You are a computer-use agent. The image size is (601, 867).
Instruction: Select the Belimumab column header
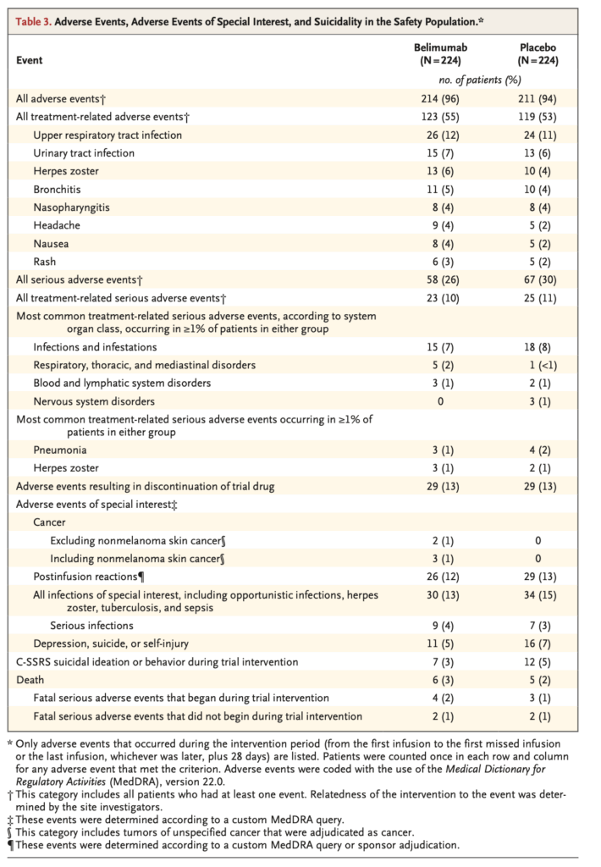click(439, 54)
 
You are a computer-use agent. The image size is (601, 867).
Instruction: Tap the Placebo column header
click(538, 54)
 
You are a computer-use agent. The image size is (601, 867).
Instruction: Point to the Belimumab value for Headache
click(439, 225)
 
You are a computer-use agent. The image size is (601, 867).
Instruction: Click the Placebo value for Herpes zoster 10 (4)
click(538, 171)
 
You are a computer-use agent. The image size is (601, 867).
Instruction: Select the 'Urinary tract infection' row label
click(84, 153)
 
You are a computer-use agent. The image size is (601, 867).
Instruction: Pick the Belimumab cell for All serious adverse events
click(439, 279)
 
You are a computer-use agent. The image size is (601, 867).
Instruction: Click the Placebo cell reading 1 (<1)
click(538, 365)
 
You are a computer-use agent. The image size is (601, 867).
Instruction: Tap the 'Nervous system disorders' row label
click(94, 400)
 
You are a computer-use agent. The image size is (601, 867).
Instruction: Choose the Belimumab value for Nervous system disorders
click(439, 400)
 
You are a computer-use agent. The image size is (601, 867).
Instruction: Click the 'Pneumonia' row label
click(59, 450)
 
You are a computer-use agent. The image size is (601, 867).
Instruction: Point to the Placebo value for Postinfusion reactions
click(538, 577)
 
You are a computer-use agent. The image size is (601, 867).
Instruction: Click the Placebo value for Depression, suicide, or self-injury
click(538, 643)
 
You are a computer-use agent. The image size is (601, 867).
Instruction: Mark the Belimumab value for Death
click(439, 679)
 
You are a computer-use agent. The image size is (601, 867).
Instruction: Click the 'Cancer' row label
click(49, 522)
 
